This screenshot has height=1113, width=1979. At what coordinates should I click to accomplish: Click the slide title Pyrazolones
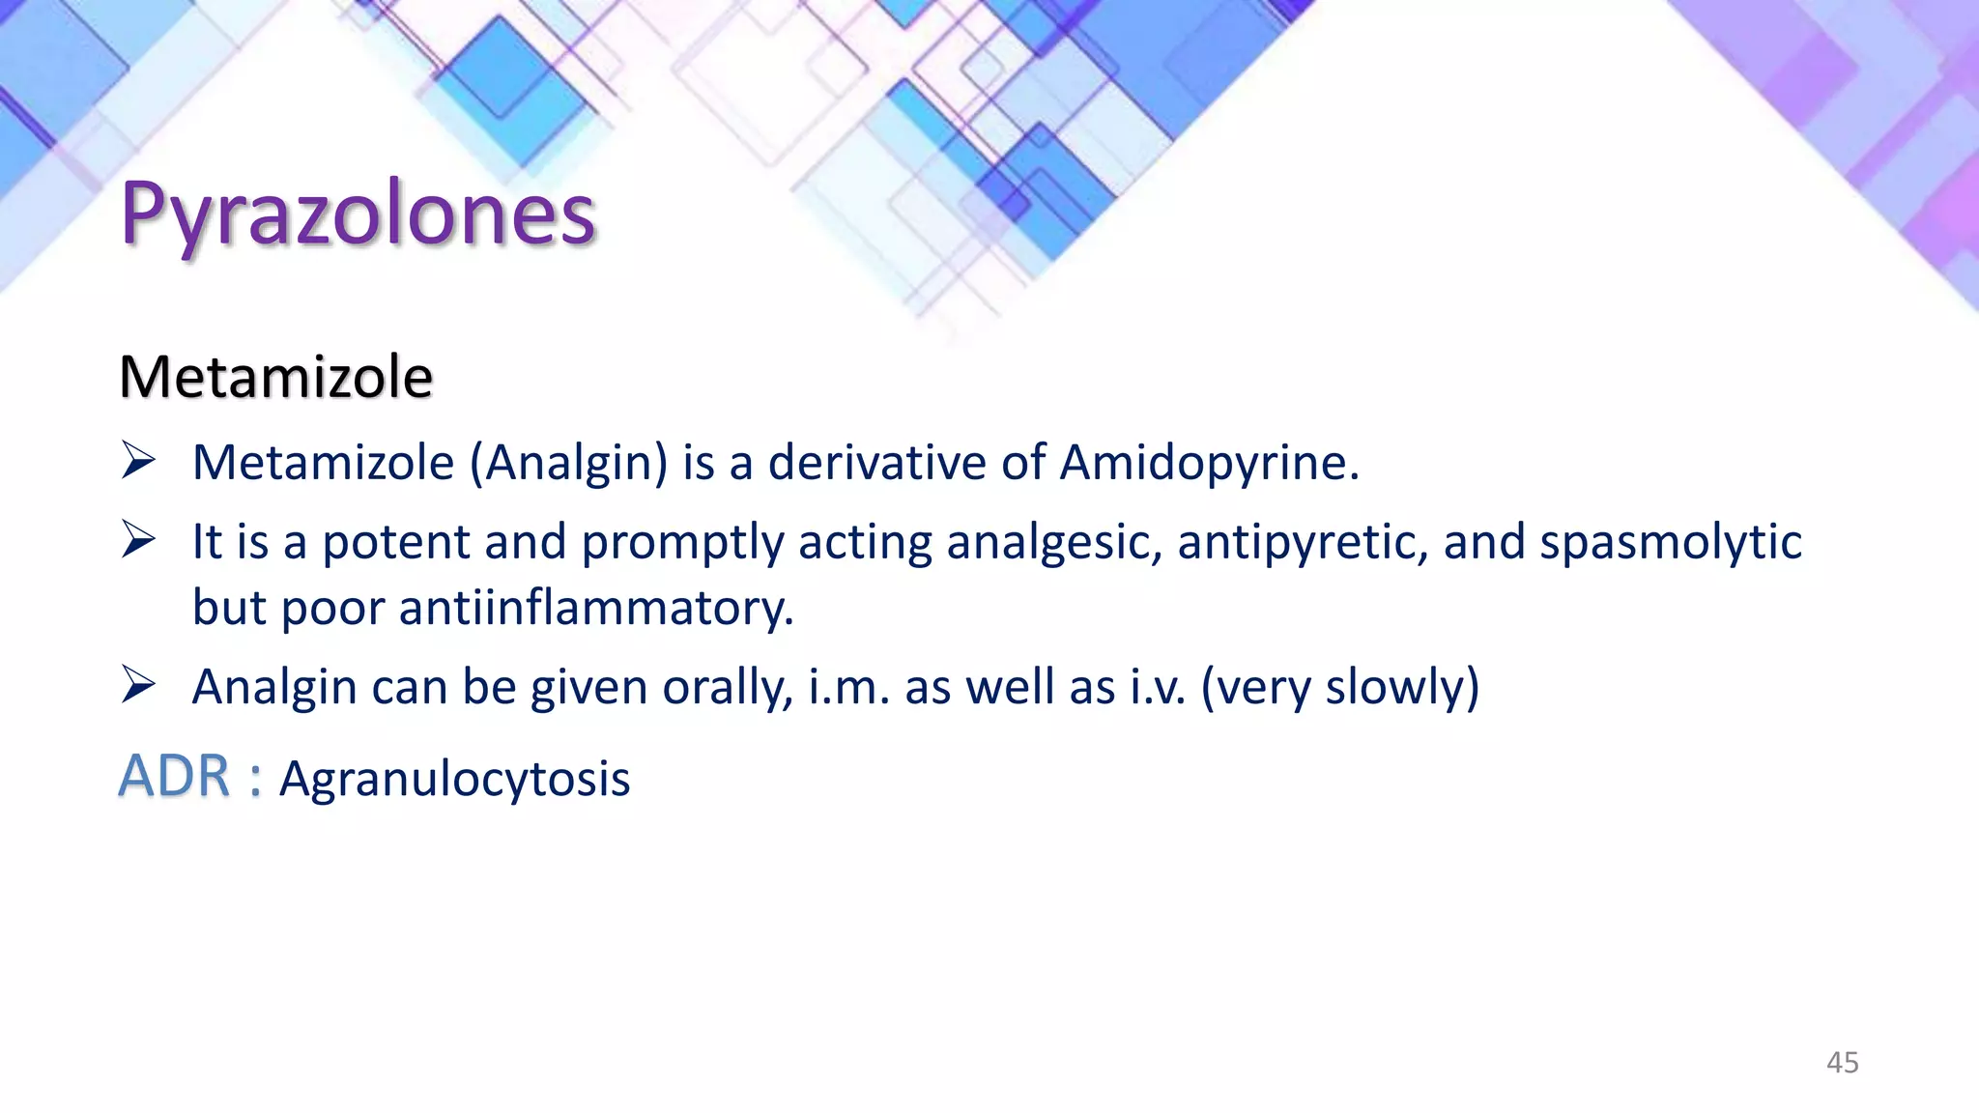click(358, 214)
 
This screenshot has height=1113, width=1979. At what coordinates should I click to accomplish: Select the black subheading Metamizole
click(275, 377)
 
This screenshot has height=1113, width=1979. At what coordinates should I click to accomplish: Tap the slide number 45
click(1842, 1063)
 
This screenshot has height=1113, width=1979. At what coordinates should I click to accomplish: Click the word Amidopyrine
click(1209, 463)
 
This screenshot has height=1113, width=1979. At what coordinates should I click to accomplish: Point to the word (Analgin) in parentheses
click(568, 463)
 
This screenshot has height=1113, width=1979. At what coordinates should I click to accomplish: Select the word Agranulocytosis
click(454, 779)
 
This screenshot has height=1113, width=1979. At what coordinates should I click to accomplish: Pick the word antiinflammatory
click(595, 609)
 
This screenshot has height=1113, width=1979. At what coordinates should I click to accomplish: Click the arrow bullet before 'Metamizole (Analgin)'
click(139, 460)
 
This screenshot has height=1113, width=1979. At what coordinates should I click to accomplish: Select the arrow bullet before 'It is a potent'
click(139, 539)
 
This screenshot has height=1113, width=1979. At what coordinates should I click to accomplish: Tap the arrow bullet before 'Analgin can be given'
click(139, 685)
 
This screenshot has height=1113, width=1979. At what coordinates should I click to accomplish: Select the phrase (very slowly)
click(1339, 688)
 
